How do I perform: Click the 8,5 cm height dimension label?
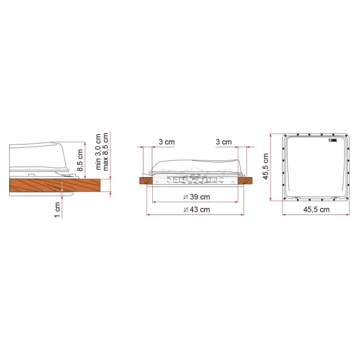coord(80,160)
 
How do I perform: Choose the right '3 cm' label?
coord(223,142)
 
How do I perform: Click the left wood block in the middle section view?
coord(147,181)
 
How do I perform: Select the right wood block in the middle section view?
coord(248,181)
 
